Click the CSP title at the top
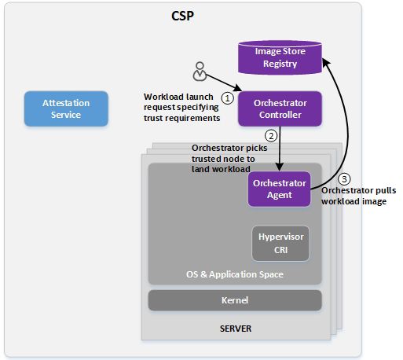click(182, 16)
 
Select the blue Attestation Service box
click(66, 108)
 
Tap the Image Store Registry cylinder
click(280, 57)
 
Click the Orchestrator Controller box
click(280, 108)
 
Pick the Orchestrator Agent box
click(279, 189)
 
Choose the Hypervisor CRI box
click(280, 244)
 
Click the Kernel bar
click(235, 300)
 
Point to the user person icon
click(200, 72)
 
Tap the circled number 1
click(227, 98)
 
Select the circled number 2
click(271, 136)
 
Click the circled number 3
click(344, 179)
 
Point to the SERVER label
click(236, 329)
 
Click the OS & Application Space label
click(235, 274)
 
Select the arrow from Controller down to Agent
click(280, 149)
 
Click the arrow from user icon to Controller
click(224, 83)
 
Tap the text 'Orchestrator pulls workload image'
click(359, 196)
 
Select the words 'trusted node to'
click(223, 159)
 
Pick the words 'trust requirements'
click(181, 118)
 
